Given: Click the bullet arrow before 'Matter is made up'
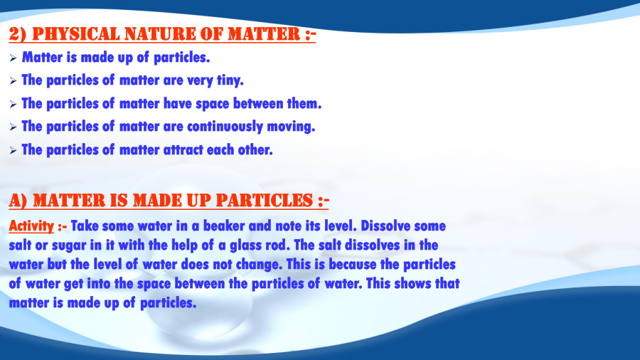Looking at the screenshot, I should pos(13,57).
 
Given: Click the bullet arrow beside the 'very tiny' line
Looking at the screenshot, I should pos(13,81).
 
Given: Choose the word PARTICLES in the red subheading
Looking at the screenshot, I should pos(259,200).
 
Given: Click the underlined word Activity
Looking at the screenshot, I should pos(31,226).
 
